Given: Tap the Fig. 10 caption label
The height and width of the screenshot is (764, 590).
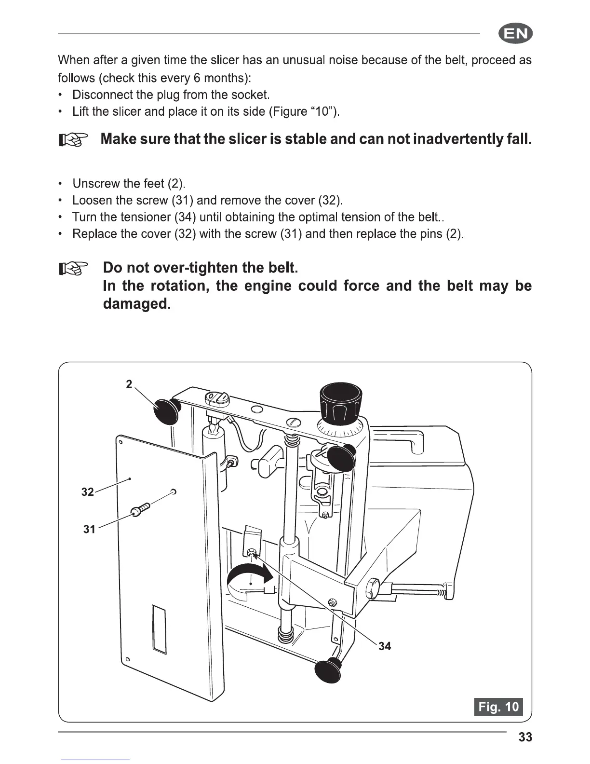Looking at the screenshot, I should point(498,707).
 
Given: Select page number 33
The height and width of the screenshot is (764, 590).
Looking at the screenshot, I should point(525,737).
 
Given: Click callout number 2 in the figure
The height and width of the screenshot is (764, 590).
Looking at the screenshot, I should point(129,384).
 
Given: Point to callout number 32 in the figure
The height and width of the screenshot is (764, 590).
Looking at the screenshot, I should point(87,492).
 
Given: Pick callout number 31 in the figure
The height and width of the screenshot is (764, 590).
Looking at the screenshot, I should point(89,529).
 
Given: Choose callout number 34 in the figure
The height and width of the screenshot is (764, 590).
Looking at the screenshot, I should point(385,646).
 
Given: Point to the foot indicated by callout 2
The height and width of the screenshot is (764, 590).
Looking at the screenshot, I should point(166,412).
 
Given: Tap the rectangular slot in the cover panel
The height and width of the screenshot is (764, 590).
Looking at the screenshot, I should point(159,629).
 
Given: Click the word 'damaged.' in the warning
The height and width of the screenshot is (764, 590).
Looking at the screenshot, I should point(137,304).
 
